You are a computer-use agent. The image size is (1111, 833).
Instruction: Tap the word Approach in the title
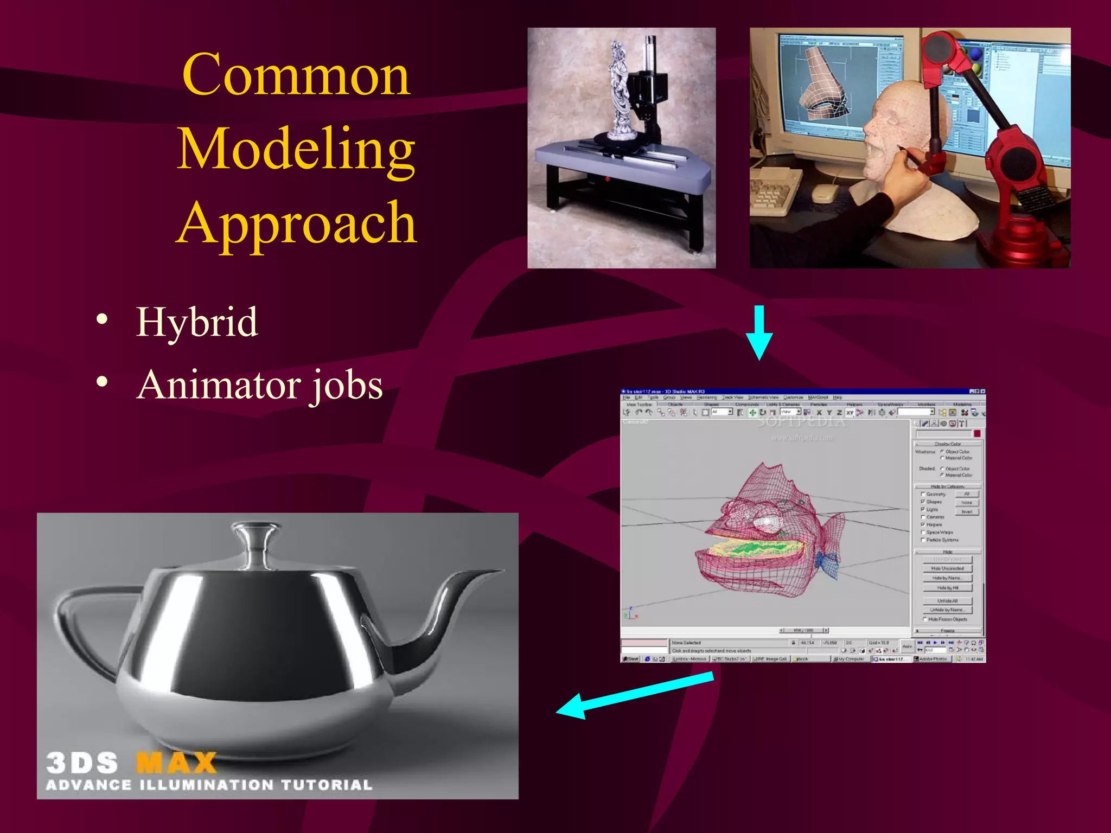point(296,222)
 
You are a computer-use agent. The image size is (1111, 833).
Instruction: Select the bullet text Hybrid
point(196,322)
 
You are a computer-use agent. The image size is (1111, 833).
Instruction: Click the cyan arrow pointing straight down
point(759,332)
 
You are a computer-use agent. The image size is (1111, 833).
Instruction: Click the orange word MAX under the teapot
point(176,762)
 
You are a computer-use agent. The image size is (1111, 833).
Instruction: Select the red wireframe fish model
point(770,531)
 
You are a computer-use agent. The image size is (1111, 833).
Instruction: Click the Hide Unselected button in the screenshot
point(947,568)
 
